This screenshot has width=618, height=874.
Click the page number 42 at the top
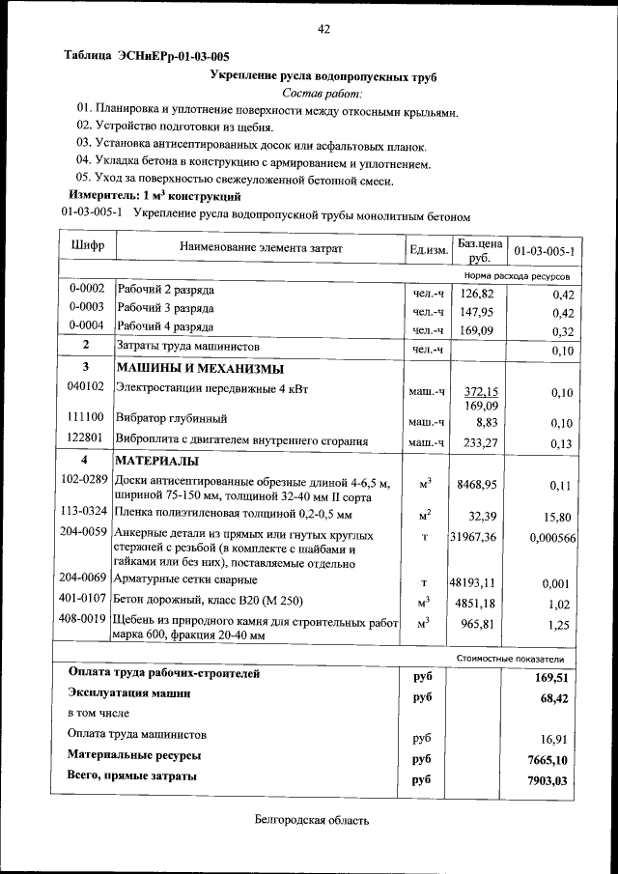(x=324, y=29)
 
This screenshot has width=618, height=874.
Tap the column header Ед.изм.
(x=428, y=250)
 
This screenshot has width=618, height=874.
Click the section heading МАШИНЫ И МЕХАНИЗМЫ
(x=200, y=369)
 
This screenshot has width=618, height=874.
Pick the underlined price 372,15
(x=480, y=391)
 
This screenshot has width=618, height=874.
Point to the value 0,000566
(x=552, y=537)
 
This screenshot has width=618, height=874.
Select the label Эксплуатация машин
(x=128, y=693)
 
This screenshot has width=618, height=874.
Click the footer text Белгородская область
(x=306, y=821)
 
